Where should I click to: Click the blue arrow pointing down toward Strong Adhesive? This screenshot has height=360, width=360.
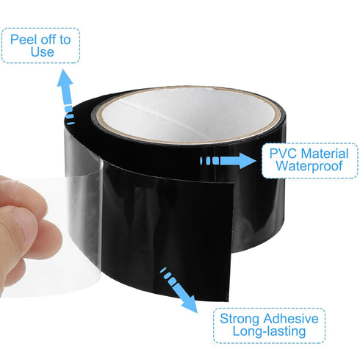coord(184,298)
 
